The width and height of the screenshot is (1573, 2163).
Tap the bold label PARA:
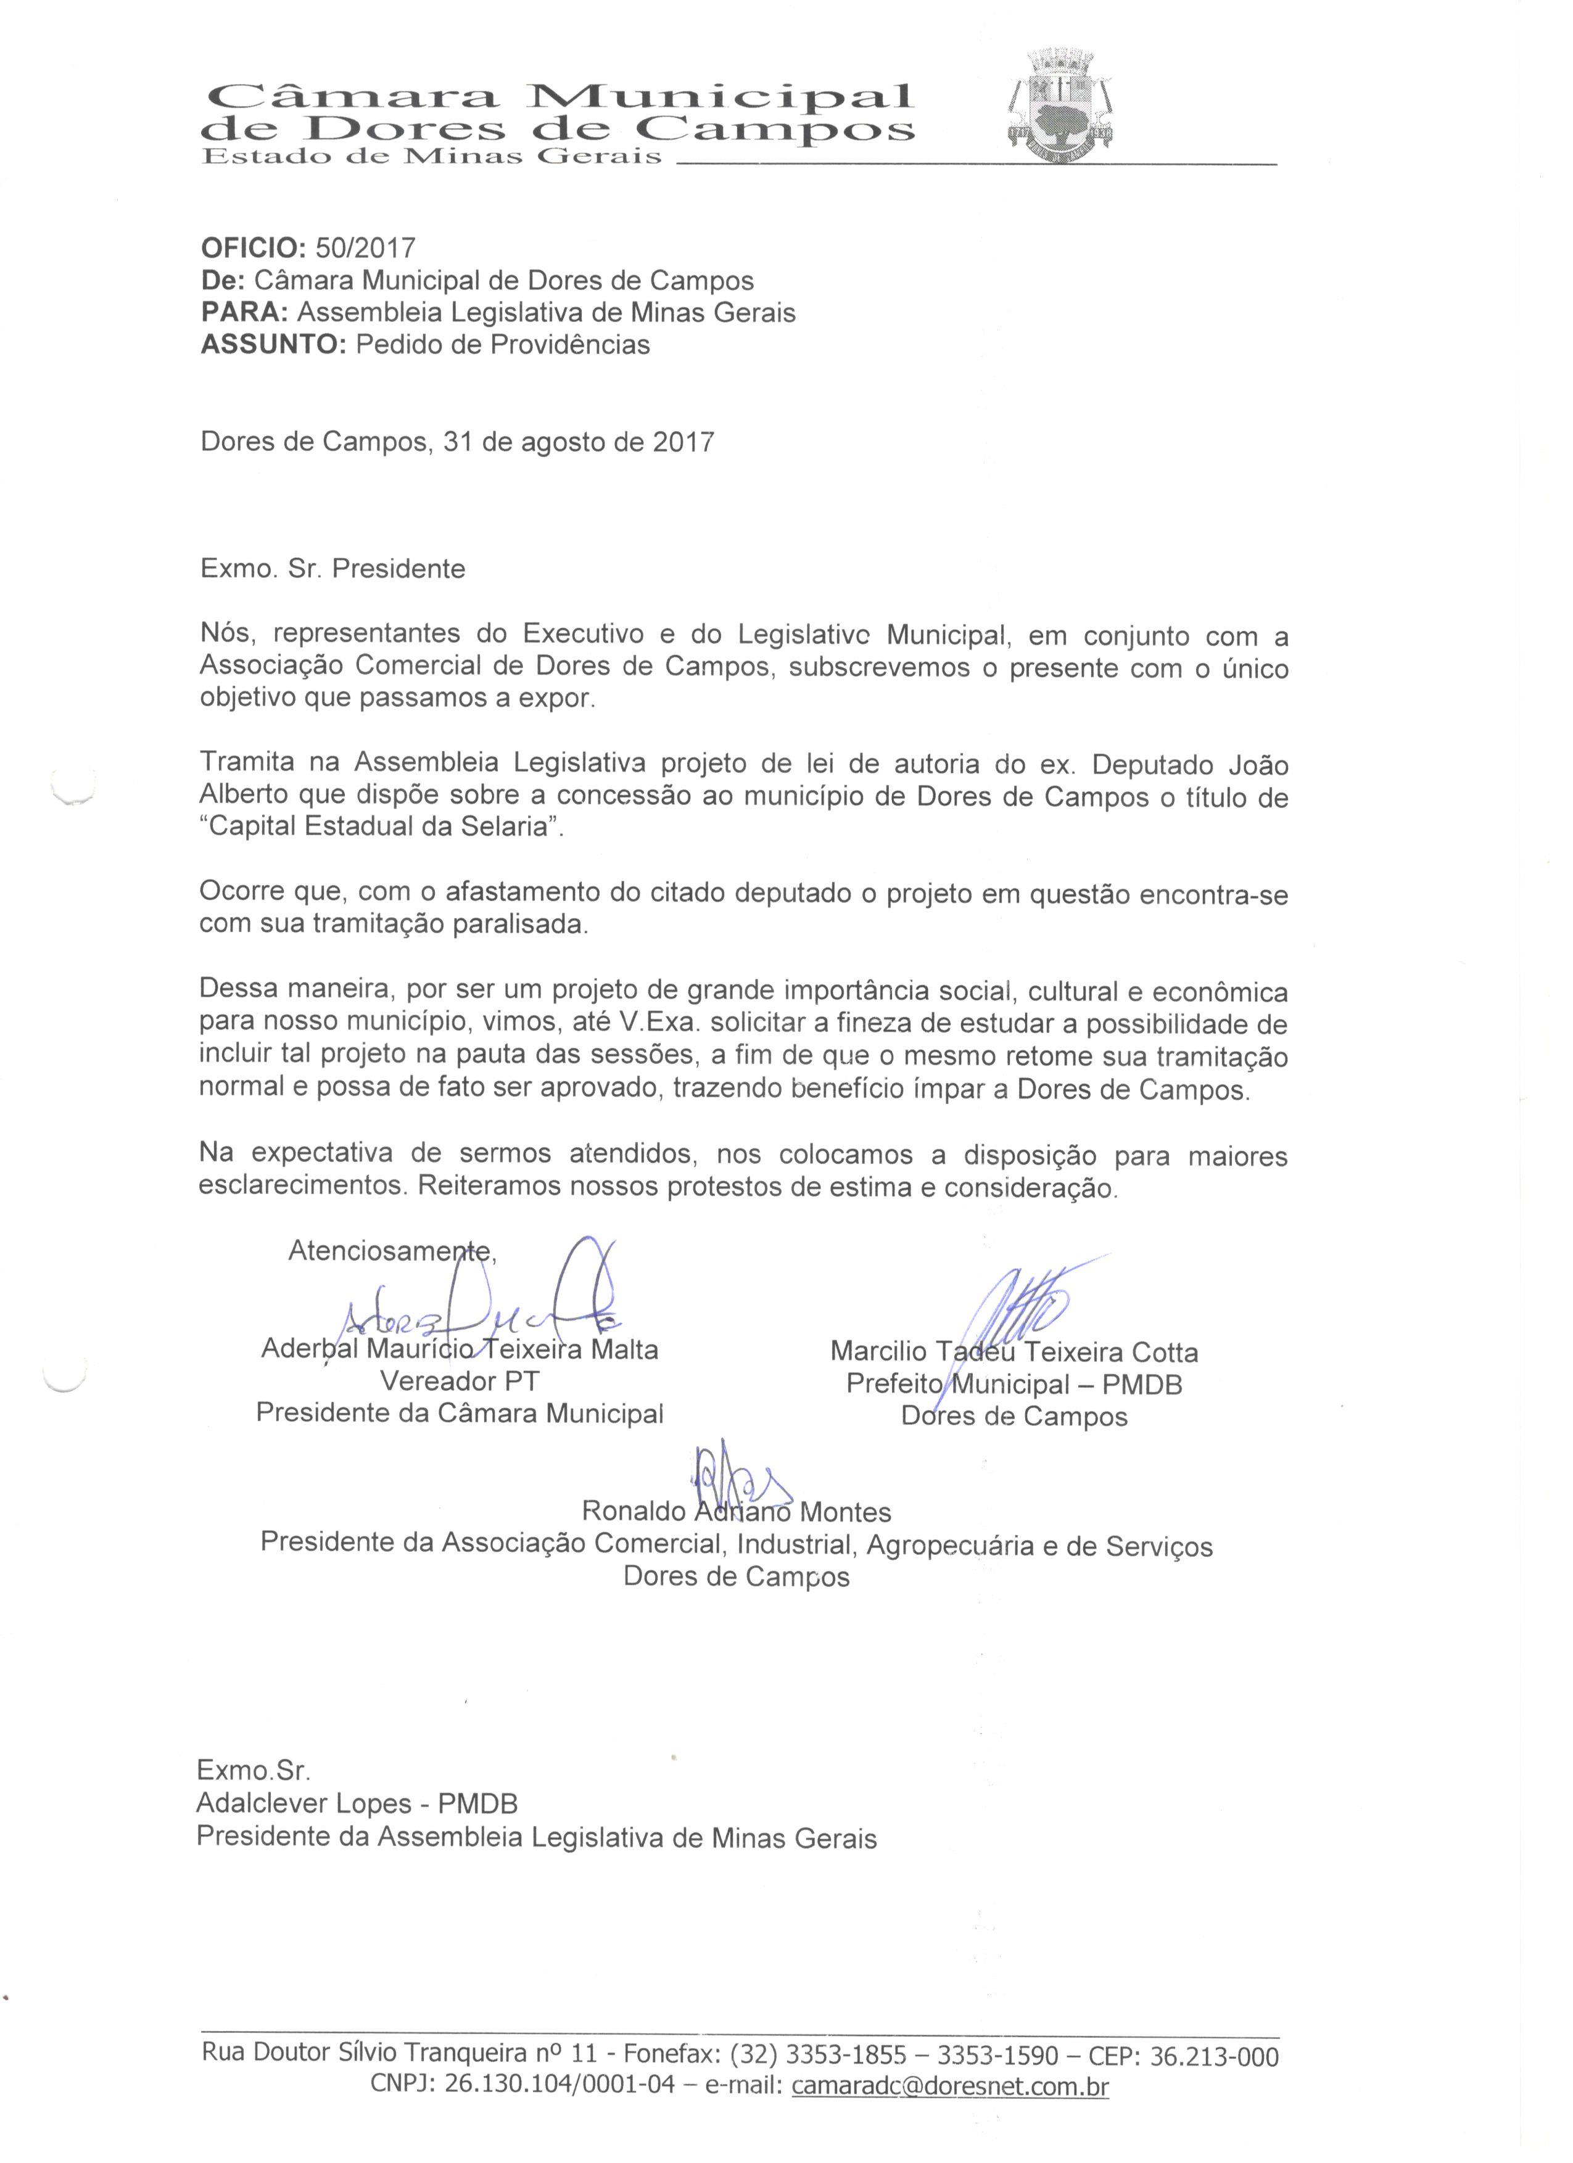[243, 313]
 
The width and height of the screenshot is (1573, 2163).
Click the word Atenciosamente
[391, 1250]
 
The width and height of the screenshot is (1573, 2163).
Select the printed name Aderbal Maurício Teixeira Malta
[459, 1351]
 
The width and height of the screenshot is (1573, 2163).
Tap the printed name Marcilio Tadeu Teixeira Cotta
[1013, 1353]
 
